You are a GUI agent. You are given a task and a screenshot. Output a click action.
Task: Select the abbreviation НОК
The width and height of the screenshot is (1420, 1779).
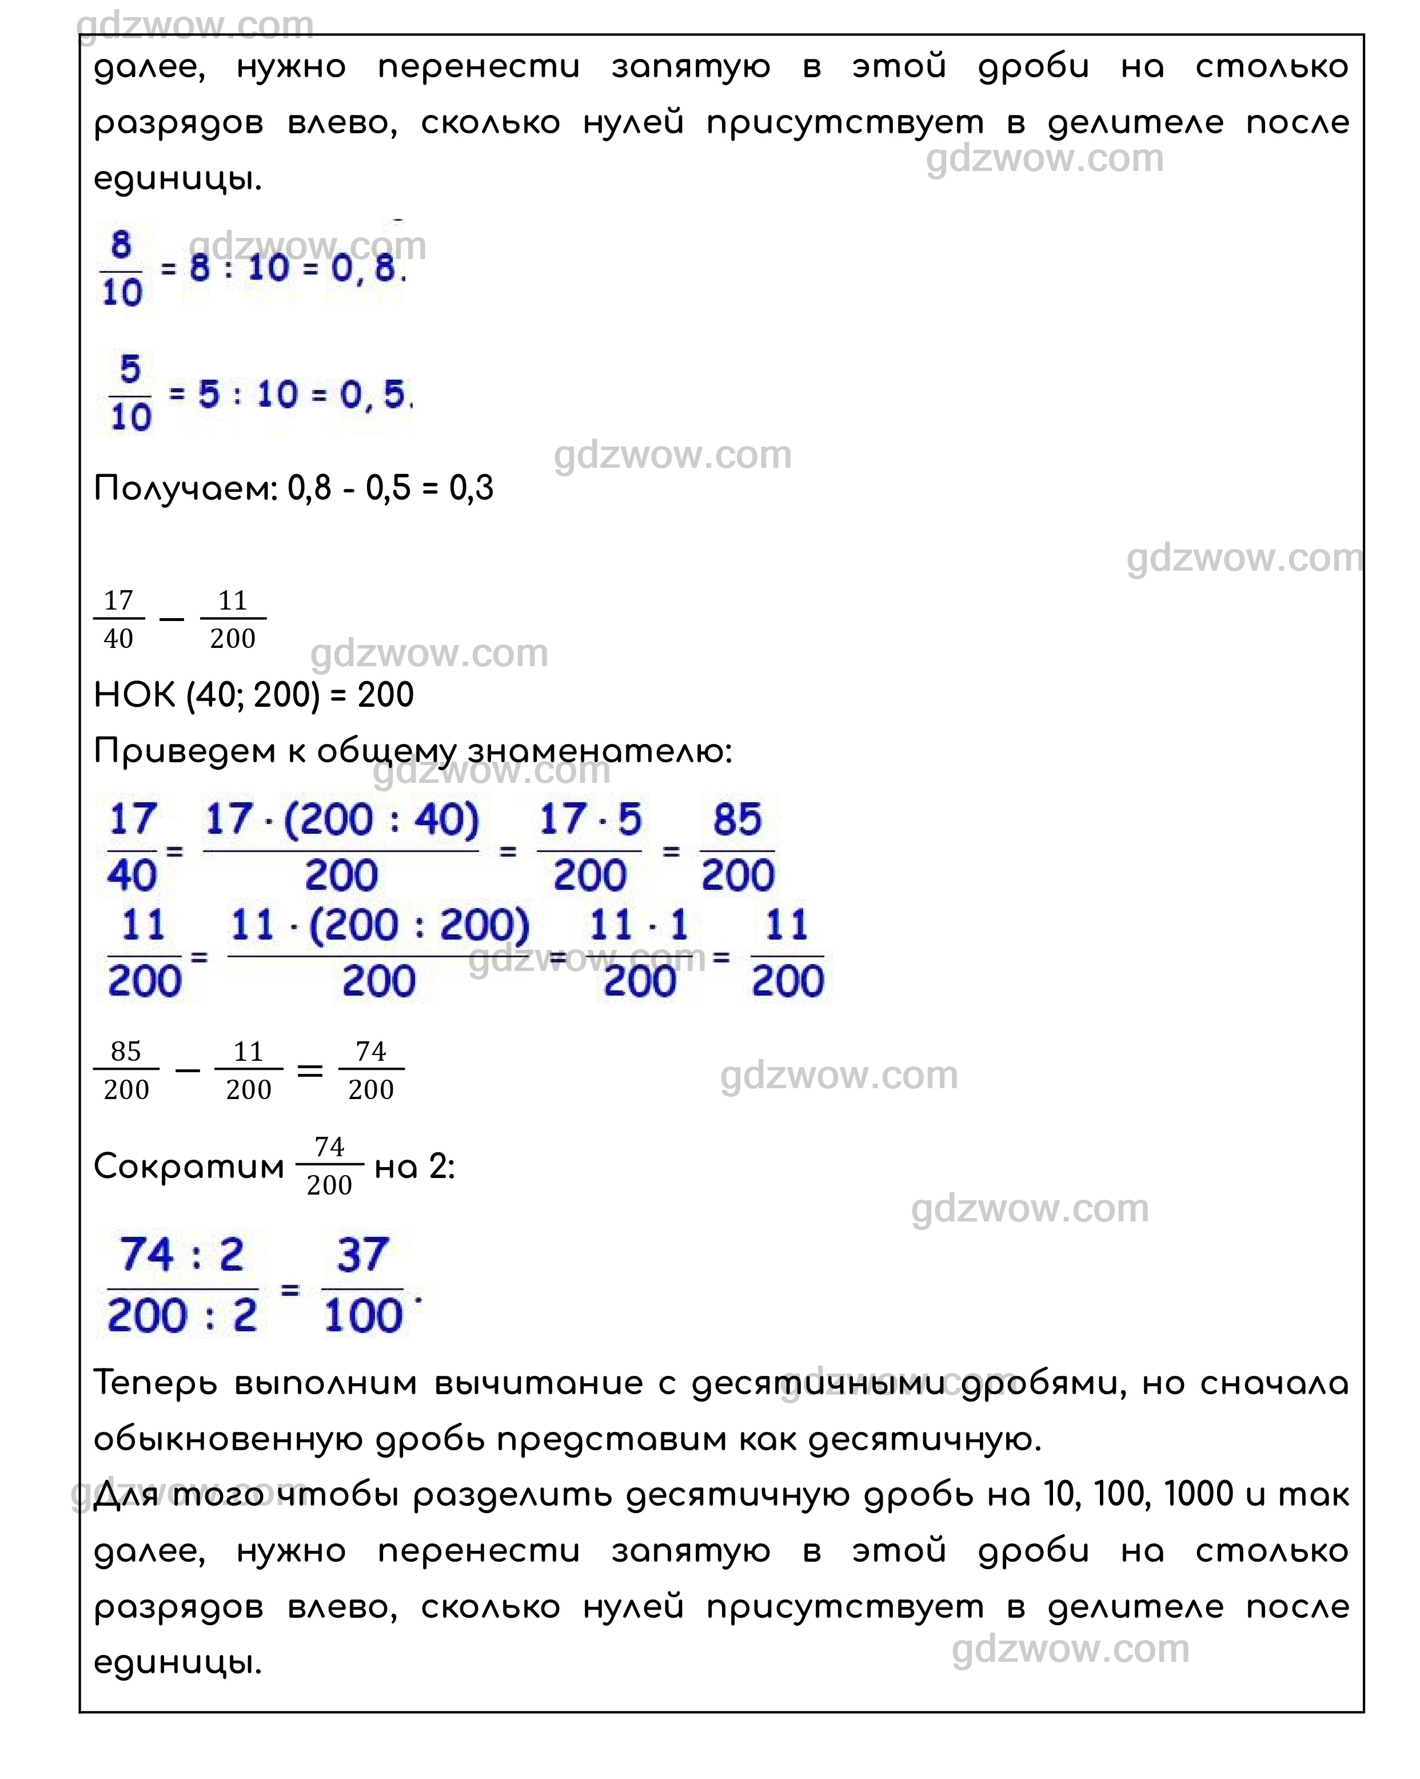(134, 695)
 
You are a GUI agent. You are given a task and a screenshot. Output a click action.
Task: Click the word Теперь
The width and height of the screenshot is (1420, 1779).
(156, 1383)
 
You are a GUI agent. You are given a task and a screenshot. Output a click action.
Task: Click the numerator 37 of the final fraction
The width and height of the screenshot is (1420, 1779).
(362, 1255)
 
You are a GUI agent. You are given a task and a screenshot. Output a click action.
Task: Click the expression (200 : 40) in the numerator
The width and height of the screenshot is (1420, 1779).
(381, 820)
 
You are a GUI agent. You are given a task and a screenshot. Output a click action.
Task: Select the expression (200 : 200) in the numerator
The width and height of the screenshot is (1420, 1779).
(419, 926)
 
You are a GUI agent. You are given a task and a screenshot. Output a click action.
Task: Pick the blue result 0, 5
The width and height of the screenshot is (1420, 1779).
(373, 395)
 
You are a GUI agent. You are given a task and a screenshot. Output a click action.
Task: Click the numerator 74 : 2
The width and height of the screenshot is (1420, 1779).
(182, 1255)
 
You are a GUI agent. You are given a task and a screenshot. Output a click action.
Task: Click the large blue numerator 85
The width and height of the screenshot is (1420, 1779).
(737, 820)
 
